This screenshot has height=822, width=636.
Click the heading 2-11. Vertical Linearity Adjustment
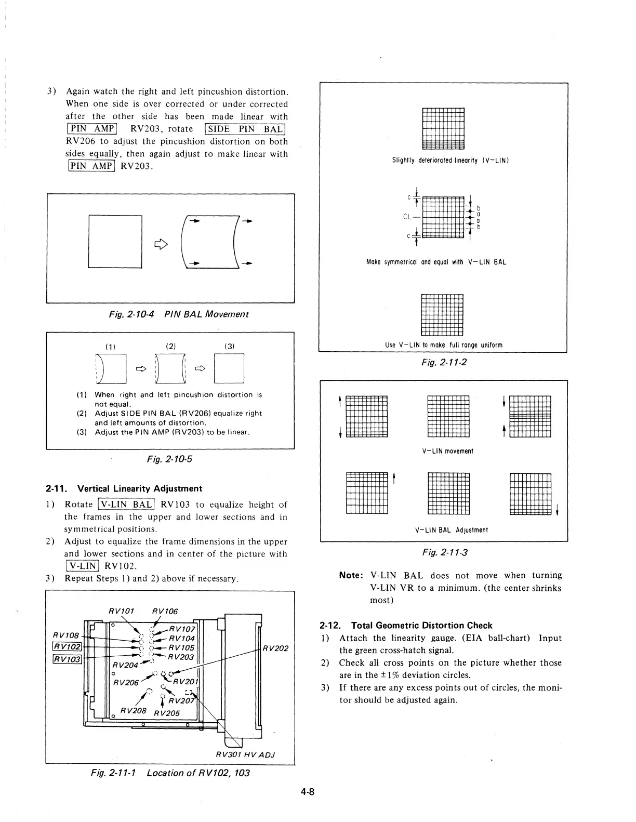(x=124, y=488)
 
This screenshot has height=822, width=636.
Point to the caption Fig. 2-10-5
(x=170, y=459)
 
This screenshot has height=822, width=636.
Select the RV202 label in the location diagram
(x=275, y=648)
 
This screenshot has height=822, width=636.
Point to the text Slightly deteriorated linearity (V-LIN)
(x=449, y=160)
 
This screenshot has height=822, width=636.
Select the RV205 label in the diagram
(x=166, y=712)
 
